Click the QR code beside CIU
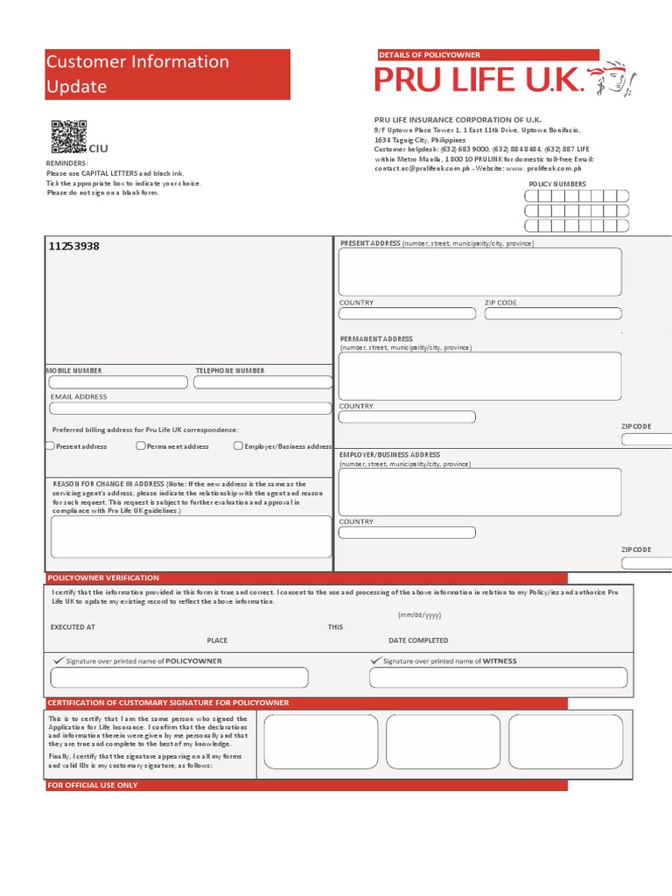point(68,136)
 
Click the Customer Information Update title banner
point(167,74)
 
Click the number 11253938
point(73,246)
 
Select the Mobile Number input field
point(118,382)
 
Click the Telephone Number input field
point(262,382)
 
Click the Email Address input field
point(191,408)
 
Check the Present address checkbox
point(50,446)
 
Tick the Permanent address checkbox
point(141,446)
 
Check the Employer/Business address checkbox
point(238,446)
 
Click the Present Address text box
point(480,271)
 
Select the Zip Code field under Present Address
point(553,313)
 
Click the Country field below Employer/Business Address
point(407,532)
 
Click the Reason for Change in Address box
point(191,536)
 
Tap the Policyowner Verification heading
point(103,577)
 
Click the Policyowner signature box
point(179,677)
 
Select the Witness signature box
point(499,677)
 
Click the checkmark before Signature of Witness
point(376,661)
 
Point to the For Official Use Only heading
point(93,785)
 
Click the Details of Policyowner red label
point(430,54)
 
